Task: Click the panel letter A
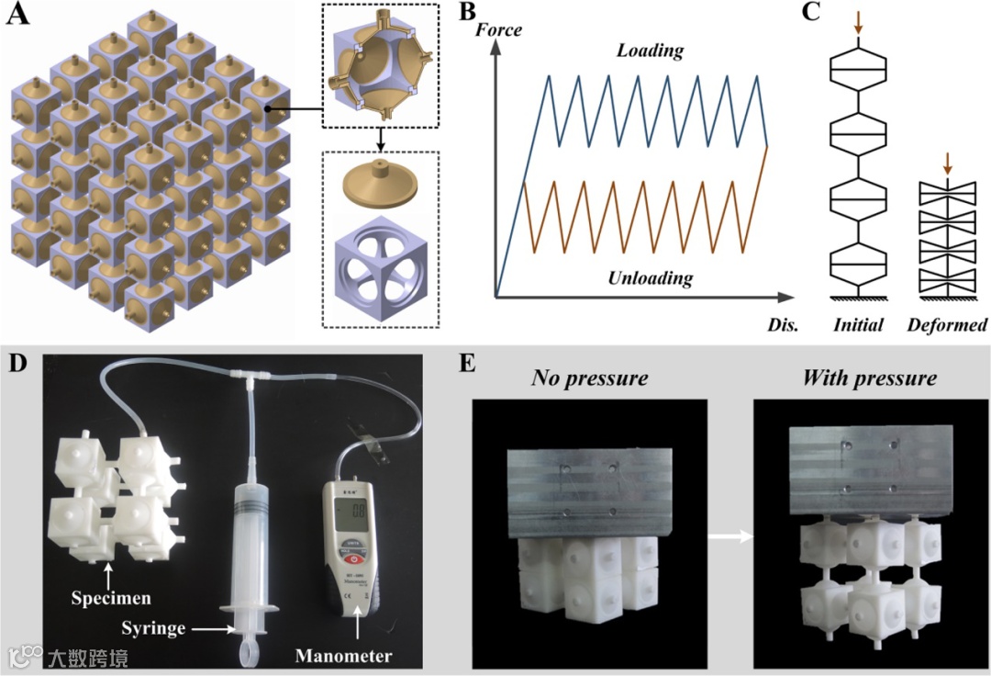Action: [x=17, y=16]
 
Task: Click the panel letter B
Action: [x=467, y=13]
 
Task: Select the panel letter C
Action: [x=811, y=13]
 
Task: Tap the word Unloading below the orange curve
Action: [x=649, y=276]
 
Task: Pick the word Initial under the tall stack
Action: [x=858, y=324]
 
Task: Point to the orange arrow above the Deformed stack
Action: [x=948, y=164]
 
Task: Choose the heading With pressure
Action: [x=870, y=378]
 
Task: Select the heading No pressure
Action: [x=591, y=378]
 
